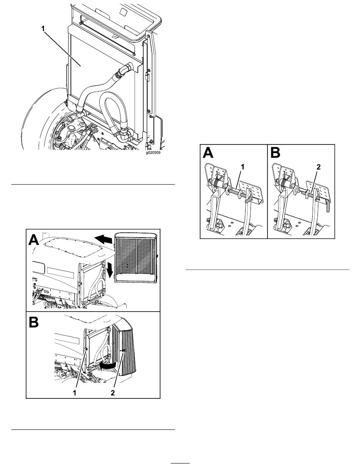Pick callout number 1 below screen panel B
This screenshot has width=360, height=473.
tap(75, 393)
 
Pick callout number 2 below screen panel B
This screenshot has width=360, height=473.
tap(113, 393)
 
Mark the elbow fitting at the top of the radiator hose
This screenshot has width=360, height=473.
tap(125, 70)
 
